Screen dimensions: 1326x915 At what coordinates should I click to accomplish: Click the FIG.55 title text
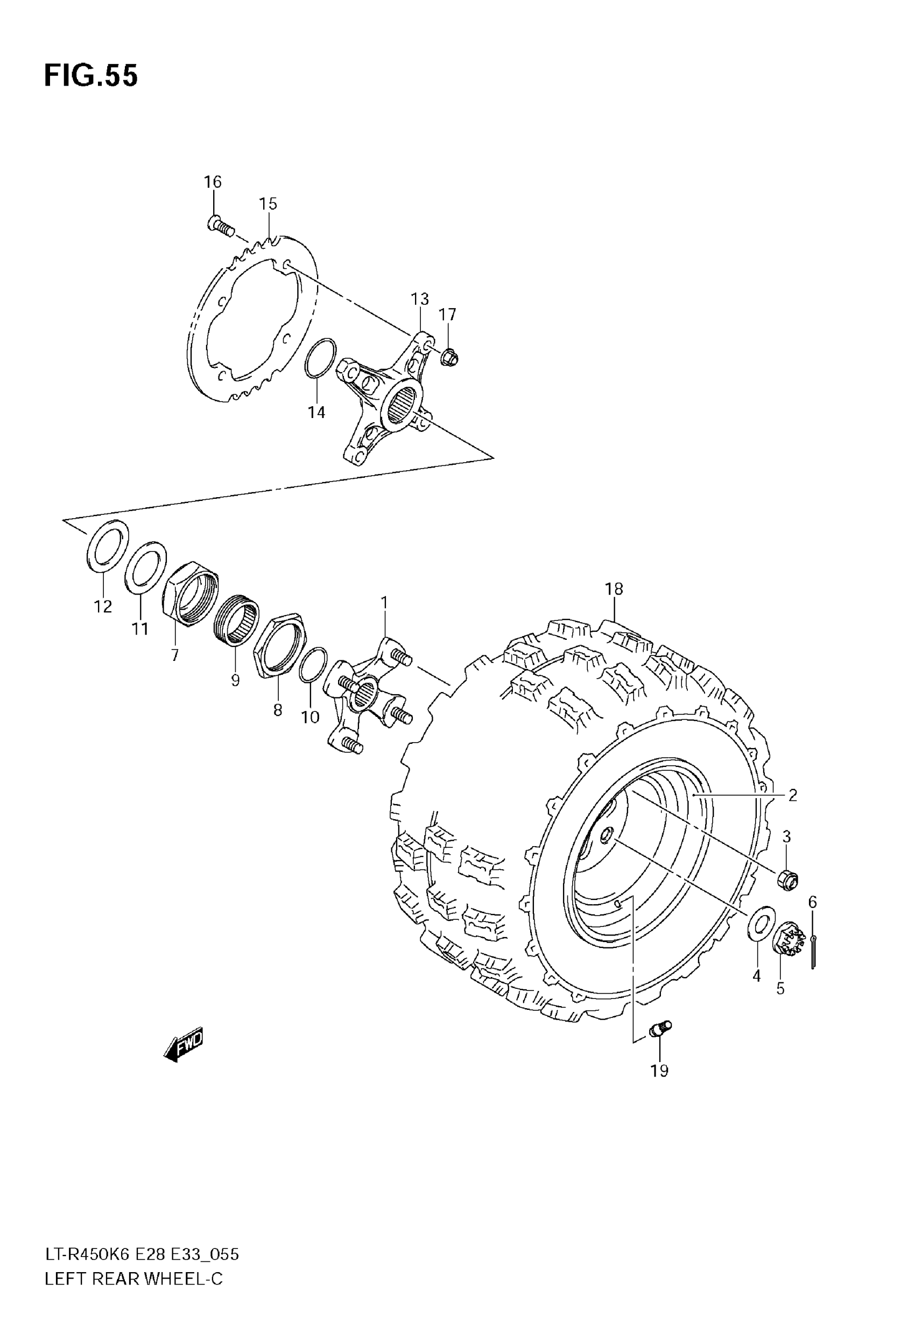click(90, 76)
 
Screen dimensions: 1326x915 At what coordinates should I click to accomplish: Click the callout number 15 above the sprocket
click(268, 204)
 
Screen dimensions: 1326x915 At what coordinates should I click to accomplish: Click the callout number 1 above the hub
click(384, 603)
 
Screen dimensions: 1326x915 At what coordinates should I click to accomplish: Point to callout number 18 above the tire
click(614, 589)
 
